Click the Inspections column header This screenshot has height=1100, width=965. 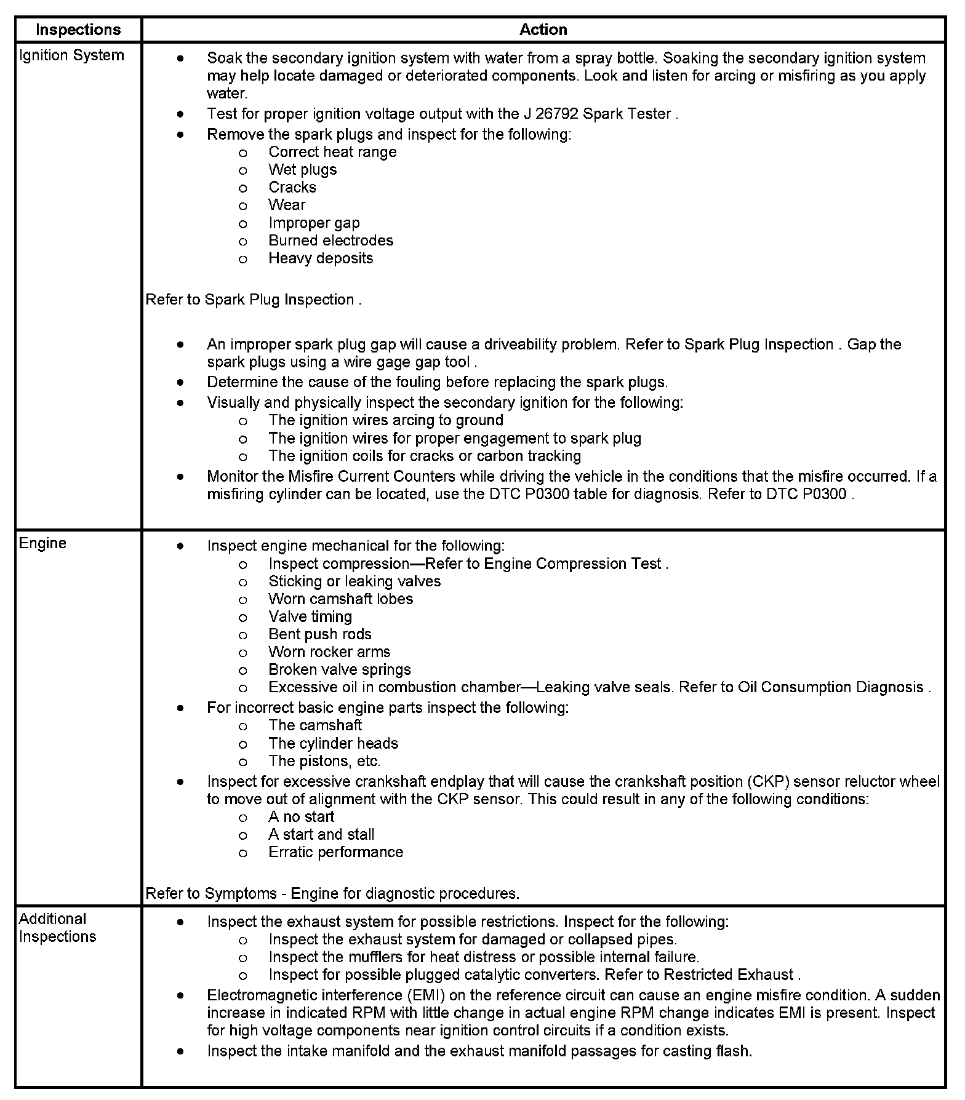coord(78,30)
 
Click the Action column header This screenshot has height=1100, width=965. coord(543,30)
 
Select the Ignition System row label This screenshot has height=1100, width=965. coord(71,55)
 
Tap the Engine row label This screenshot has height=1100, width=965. coord(42,543)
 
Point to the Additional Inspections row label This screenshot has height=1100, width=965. coord(57,927)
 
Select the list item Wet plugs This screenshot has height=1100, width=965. coord(302,170)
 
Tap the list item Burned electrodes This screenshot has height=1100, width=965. coord(330,241)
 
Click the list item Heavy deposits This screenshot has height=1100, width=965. coord(320,258)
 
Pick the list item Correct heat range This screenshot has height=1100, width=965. coord(332,152)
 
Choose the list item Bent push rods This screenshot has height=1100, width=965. coord(319,634)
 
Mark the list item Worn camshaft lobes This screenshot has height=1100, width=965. coord(340,599)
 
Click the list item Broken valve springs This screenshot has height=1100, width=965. coord(339,669)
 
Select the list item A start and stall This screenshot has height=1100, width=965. coord(321,835)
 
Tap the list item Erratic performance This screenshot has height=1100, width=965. coord(335,853)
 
